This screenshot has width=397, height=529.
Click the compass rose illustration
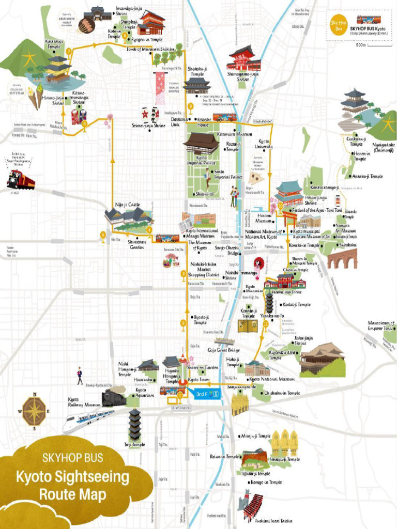(35, 411)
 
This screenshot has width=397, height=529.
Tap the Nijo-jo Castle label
(127, 205)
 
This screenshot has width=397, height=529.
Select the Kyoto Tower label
(199, 380)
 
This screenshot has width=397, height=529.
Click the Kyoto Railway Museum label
(84, 402)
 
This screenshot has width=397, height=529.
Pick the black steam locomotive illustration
(114, 398)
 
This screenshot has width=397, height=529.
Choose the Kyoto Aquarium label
(144, 393)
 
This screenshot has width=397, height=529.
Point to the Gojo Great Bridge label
(224, 350)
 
